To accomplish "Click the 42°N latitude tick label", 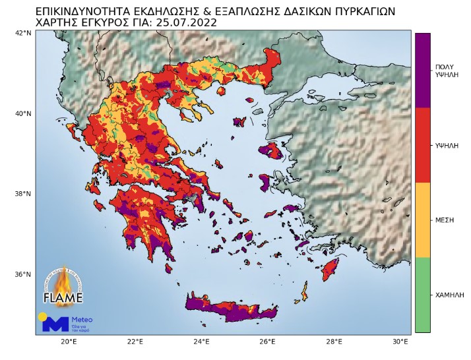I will [x=24, y=33].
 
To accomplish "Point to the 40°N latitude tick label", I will [x=24, y=113].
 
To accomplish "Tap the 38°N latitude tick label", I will [x=24, y=194].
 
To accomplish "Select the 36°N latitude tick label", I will [x=24, y=274].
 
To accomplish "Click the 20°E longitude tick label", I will [x=69, y=342].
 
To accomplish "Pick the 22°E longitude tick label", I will [x=135, y=342].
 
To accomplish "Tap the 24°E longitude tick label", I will [x=202, y=342].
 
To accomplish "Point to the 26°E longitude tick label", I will [x=268, y=342].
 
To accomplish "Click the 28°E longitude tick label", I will [x=334, y=342].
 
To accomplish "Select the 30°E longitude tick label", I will [x=401, y=342].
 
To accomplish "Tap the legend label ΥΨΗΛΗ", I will [x=447, y=144].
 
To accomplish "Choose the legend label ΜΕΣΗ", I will [x=445, y=220].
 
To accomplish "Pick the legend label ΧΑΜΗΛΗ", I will [x=449, y=294].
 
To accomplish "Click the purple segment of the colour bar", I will [x=422, y=70].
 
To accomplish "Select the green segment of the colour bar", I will [x=422, y=295].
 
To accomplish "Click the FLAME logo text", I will [x=63, y=296].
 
